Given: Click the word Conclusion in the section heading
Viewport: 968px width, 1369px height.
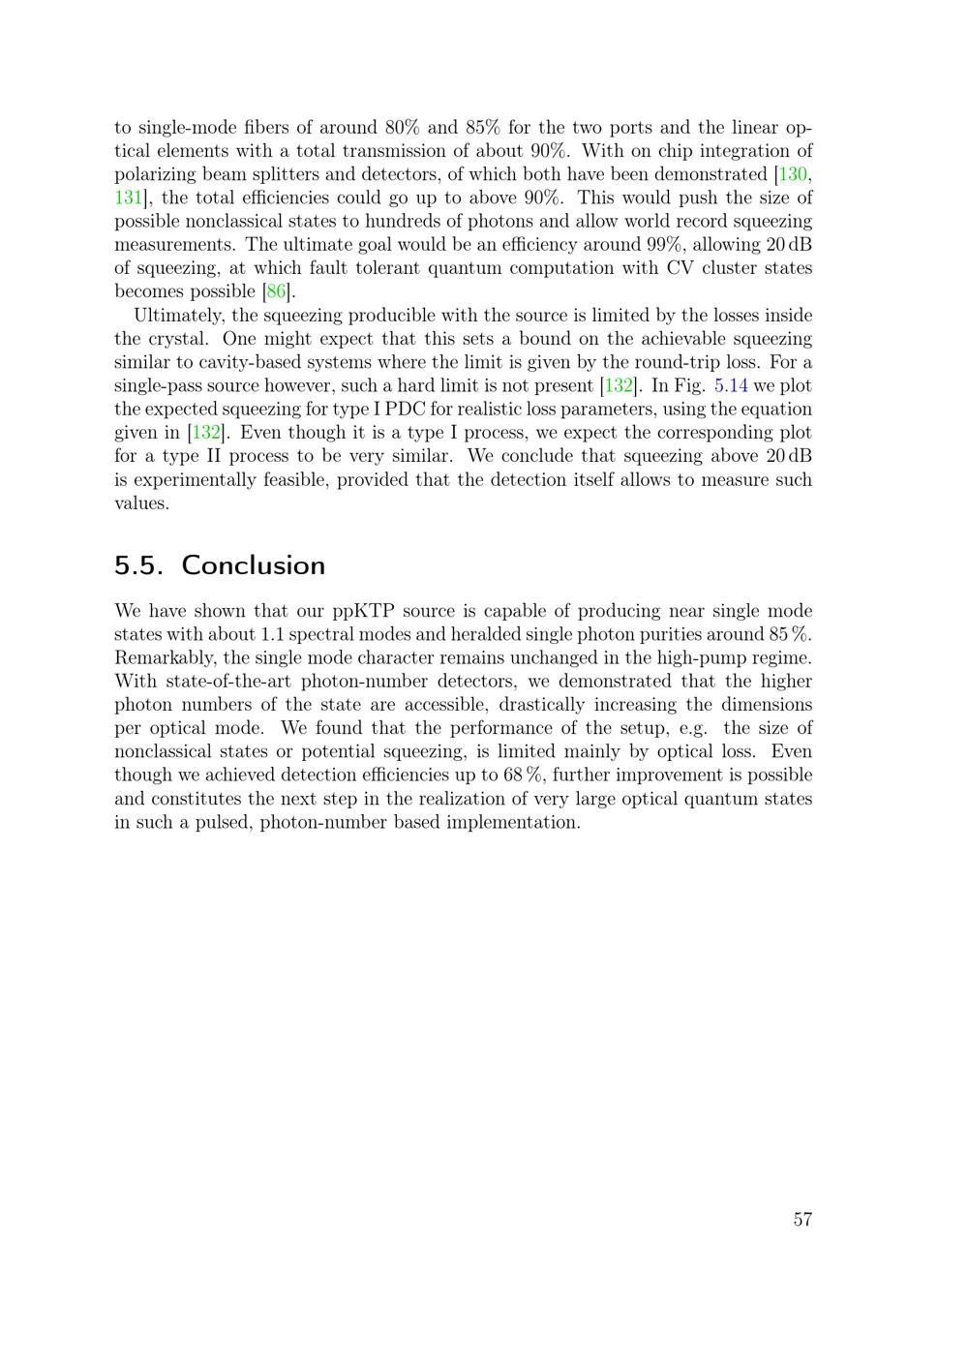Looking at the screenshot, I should [253, 565].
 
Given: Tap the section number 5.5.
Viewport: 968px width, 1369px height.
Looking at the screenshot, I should [138, 565].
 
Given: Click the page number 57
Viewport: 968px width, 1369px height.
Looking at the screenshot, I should [802, 1219].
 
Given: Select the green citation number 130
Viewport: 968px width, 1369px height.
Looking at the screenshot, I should [794, 174].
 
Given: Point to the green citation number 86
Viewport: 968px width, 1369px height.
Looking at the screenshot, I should [276, 291].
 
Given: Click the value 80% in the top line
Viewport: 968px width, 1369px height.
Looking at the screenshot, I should [402, 127].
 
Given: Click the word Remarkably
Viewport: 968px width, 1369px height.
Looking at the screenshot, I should [165, 657].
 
